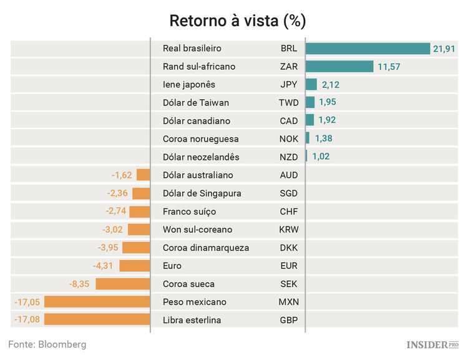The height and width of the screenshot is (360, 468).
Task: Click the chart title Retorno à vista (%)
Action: coord(238,21)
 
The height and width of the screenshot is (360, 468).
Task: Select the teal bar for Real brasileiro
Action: coord(368,49)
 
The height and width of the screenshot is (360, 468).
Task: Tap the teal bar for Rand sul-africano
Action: coord(339,67)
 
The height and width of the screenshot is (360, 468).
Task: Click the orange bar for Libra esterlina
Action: coord(97,320)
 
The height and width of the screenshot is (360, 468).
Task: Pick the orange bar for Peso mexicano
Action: coord(97,302)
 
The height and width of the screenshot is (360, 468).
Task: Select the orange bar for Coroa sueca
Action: coord(123,284)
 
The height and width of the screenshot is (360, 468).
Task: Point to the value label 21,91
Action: coord(446,49)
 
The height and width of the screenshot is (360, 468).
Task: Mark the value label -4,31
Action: coord(104,266)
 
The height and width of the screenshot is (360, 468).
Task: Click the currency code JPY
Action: coord(289,85)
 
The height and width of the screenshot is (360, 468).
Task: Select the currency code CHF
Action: coord(289,212)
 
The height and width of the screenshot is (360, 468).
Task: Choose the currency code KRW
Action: coord(289,230)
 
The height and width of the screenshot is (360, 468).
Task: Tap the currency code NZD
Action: coord(289,157)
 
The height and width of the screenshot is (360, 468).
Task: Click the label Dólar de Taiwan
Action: coord(195,103)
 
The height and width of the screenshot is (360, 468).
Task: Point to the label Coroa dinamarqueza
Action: coord(205,248)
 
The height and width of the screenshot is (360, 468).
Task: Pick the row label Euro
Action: coord(172,266)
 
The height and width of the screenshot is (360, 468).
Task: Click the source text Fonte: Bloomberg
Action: coord(47,344)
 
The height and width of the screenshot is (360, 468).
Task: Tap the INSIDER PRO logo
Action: coord(432,344)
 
